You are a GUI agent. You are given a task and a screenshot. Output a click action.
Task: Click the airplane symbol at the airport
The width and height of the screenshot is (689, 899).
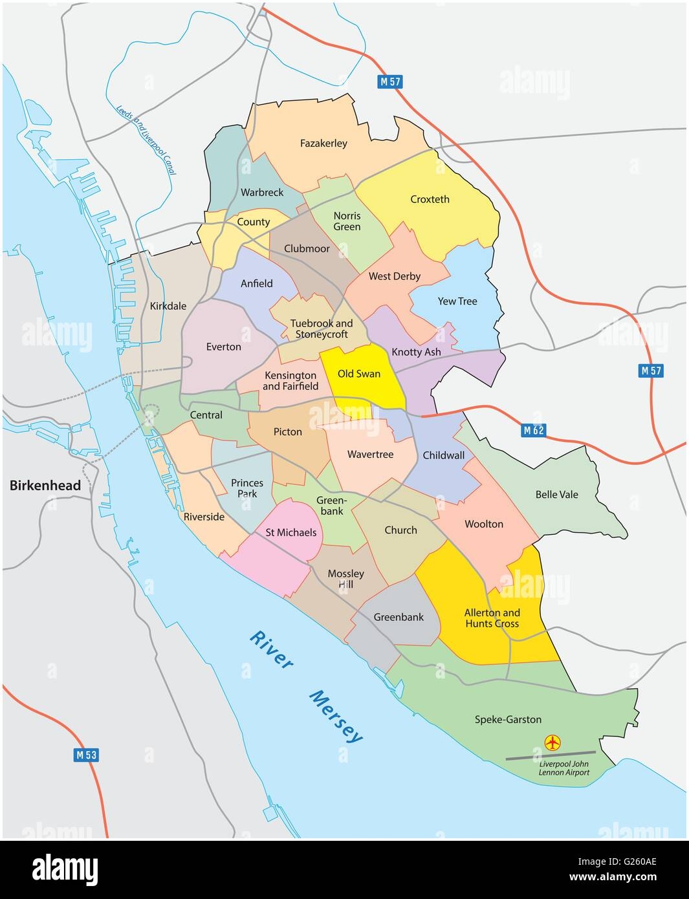click(x=552, y=742)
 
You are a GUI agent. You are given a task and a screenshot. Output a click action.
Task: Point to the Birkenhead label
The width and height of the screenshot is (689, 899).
click(x=45, y=486)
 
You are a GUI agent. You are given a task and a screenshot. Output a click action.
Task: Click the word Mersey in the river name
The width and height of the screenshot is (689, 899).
click(x=336, y=716)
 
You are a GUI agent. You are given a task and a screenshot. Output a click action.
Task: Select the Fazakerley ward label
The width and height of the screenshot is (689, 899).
click(x=323, y=143)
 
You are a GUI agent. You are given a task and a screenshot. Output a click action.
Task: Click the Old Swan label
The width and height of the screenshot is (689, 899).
click(x=360, y=374)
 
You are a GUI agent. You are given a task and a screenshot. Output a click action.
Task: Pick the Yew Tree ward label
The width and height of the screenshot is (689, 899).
click(x=457, y=301)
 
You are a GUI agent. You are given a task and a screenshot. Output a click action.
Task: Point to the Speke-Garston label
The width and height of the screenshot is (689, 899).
click(x=508, y=719)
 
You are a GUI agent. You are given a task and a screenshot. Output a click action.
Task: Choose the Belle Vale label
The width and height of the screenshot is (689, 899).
click(x=556, y=495)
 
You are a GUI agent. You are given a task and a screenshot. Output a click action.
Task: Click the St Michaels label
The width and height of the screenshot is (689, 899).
click(x=291, y=532)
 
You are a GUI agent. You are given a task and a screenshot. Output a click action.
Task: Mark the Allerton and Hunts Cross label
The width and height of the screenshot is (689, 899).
click(x=492, y=618)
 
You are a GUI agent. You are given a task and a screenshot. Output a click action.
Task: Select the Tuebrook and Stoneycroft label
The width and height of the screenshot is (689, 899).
click(x=322, y=329)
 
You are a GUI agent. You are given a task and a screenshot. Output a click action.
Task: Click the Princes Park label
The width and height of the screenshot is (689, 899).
click(x=247, y=488)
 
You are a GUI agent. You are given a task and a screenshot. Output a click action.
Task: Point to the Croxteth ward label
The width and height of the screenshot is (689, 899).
click(x=430, y=199)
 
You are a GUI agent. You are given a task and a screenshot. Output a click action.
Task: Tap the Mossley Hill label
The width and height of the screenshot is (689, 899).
click(x=345, y=579)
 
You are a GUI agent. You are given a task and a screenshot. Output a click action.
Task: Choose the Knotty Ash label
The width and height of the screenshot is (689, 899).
click(x=416, y=352)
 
